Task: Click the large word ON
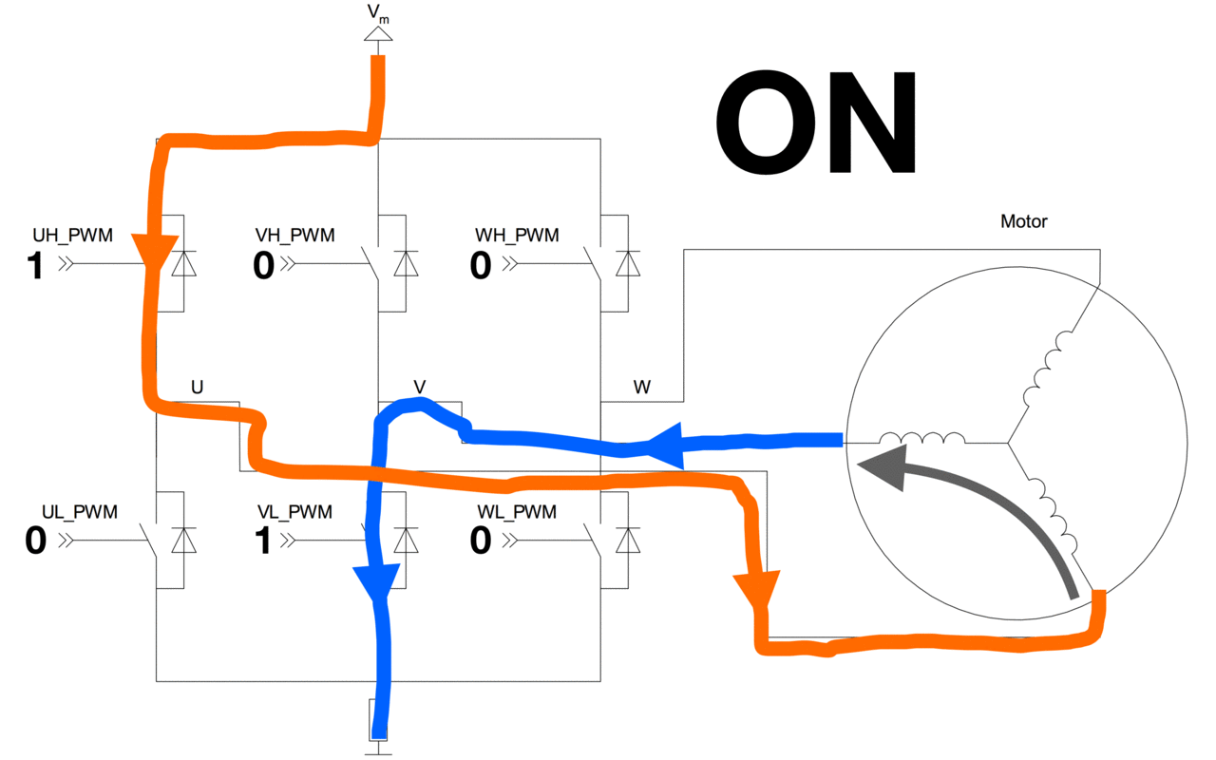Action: tap(816, 123)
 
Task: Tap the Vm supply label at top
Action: tap(378, 13)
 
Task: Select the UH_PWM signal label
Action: tap(73, 235)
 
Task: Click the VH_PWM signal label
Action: tap(294, 235)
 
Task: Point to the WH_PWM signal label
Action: tap(517, 235)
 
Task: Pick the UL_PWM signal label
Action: tap(80, 512)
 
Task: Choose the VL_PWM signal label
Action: tap(294, 512)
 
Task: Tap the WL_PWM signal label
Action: tap(517, 512)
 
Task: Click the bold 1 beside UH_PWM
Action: tap(35, 265)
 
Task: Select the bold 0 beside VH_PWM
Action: tap(264, 265)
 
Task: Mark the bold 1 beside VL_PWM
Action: tap(263, 541)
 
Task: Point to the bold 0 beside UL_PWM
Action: tap(36, 541)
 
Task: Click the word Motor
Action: tap(1024, 221)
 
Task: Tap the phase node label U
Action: tap(197, 387)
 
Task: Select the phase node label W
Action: tap(641, 387)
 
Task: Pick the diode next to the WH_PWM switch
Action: tap(628, 264)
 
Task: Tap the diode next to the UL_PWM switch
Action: tap(184, 541)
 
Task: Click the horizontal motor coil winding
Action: tap(921, 438)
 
